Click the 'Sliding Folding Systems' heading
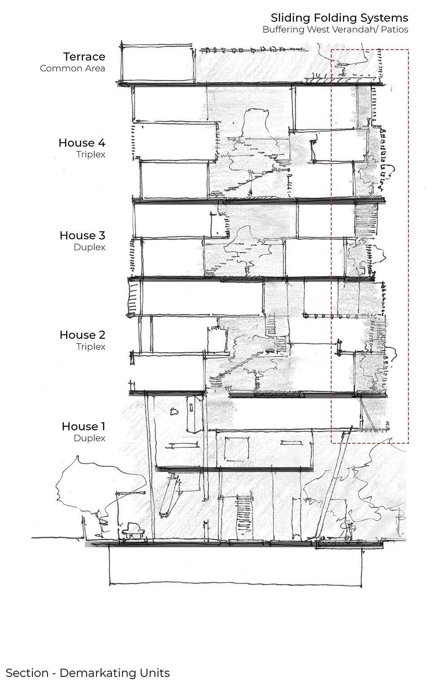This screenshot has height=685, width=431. point(339,18)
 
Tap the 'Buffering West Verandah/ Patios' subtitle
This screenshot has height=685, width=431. point(335,30)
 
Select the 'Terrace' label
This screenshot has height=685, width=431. point(84,57)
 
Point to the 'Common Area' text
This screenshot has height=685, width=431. point(72,68)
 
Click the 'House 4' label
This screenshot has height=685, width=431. point(82,143)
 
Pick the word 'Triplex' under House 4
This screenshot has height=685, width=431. point(91,155)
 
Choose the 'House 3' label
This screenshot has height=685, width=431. point(82,235)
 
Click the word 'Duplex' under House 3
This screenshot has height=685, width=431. point(89,247)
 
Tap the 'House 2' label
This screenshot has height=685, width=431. point(82,335)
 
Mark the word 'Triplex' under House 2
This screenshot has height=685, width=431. point(91,347)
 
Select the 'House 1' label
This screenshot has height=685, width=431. point(84,426)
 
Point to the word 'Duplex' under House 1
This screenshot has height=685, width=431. point(89,438)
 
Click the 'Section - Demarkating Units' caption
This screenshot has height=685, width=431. point(88,673)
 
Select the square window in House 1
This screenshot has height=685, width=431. point(236,448)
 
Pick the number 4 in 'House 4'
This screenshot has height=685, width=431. point(101,143)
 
